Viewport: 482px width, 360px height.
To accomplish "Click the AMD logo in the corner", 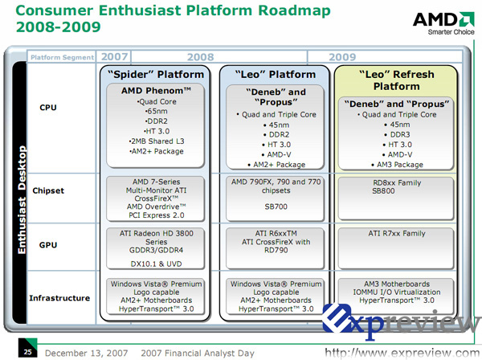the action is [443, 23].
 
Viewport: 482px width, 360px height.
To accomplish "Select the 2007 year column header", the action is [114, 56].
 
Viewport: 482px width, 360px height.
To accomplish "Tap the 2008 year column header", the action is [200, 57].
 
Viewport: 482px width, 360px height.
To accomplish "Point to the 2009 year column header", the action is [342, 57].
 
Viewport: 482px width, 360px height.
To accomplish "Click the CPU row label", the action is [48, 108].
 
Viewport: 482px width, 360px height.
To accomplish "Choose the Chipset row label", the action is [48, 190].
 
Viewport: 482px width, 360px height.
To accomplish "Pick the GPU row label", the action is [48, 245].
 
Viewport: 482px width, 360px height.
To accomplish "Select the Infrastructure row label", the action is [59, 298].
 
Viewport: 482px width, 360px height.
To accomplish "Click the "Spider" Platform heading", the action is [156, 75].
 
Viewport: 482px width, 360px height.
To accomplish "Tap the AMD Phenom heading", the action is [156, 91].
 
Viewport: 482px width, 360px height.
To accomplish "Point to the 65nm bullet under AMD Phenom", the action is [156, 111].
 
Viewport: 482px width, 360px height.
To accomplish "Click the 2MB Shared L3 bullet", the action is [156, 141].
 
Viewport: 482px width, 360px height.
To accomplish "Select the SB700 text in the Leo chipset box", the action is [276, 207].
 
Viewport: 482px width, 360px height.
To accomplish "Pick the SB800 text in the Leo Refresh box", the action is [383, 191].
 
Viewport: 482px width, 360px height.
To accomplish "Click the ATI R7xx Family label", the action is [397, 234].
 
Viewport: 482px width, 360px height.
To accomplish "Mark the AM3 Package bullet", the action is [397, 165].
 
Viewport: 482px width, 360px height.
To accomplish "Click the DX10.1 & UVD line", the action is [156, 264].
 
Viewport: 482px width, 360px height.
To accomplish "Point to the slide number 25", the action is [27, 352].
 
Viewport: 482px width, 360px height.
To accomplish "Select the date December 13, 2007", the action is [87, 354].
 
